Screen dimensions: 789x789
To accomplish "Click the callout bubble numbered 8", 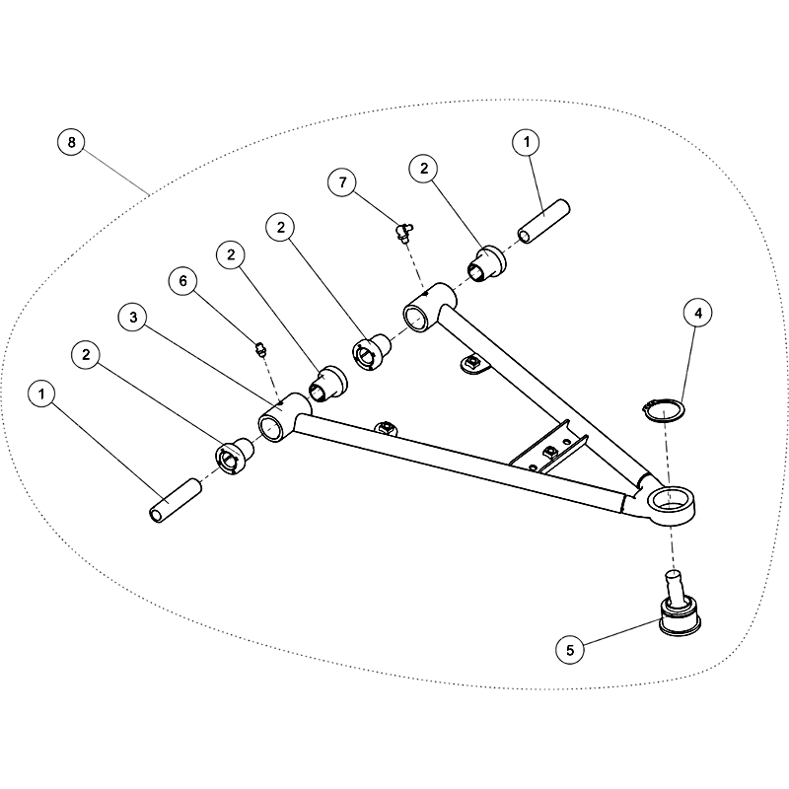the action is [x=71, y=142].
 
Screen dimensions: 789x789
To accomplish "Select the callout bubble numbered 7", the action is [x=341, y=182].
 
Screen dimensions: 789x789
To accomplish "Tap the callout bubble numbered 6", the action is [x=182, y=281].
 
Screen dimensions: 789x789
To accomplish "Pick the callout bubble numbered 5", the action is [x=570, y=650].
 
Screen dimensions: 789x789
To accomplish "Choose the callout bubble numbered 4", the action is [x=697, y=313].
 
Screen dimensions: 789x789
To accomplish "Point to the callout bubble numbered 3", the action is [x=133, y=317].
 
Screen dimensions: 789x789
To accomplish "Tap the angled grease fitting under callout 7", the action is [x=403, y=232].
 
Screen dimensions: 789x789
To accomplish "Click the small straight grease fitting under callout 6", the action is [x=260, y=349].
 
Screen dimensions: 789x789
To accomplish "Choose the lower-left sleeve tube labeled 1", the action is [x=176, y=501].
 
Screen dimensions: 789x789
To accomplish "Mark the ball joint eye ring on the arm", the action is [x=671, y=506].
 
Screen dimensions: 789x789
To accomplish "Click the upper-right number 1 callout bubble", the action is [x=526, y=142].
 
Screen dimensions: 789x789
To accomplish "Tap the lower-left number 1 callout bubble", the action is [x=41, y=394].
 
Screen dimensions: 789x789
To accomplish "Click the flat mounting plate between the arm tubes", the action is [x=549, y=447].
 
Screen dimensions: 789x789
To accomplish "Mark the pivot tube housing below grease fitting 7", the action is [x=429, y=307].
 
